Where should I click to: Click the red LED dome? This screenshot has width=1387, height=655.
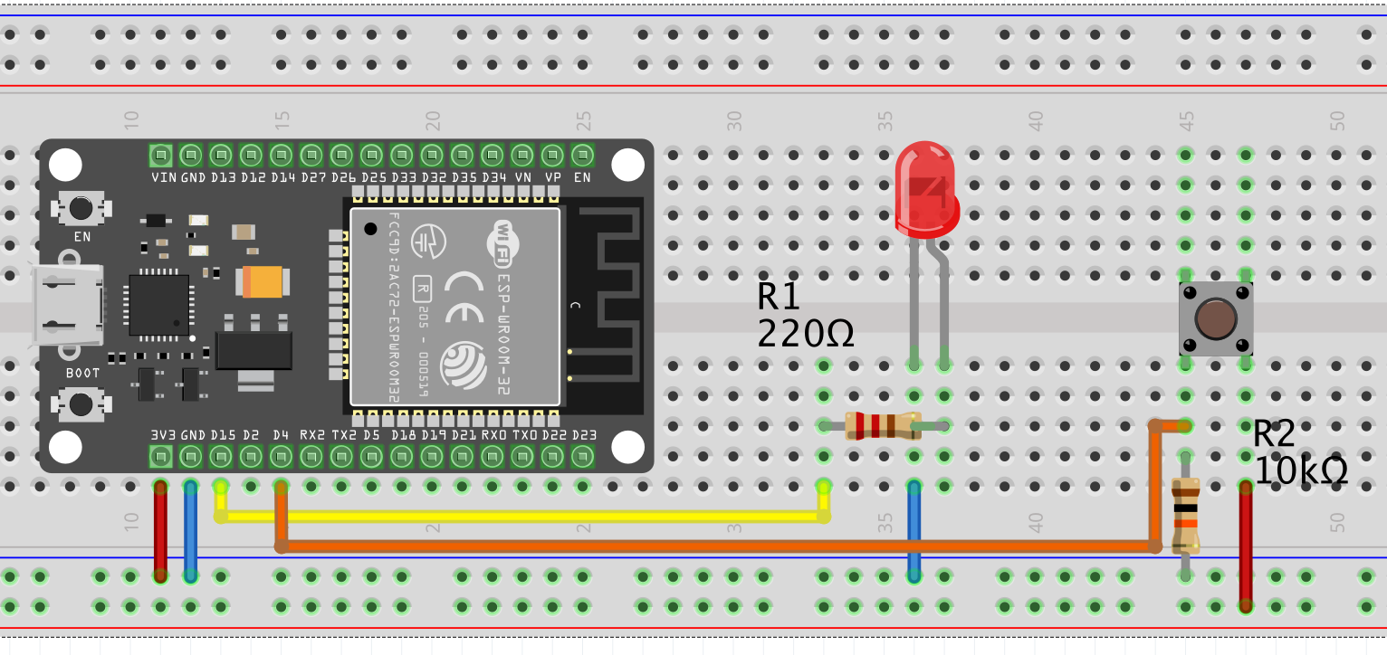click(924, 190)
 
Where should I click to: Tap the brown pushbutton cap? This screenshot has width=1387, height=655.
click(1216, 319)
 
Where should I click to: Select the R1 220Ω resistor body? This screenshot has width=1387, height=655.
click(882, 426)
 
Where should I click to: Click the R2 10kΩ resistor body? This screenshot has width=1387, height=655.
click(1185, 517)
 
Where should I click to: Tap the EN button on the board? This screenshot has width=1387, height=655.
click(81, 208)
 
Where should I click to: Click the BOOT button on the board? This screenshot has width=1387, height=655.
click(81, 403)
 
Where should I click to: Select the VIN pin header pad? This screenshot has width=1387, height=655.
click(160, 154)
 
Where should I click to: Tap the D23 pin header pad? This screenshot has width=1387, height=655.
click(582, 456)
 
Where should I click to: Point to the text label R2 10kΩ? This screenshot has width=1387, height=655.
click(1300, 452)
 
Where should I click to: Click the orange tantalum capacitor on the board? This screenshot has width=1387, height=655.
click(263, 281)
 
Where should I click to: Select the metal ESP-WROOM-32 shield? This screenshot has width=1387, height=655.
click(454, 306)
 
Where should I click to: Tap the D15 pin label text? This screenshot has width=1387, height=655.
click(221, 435)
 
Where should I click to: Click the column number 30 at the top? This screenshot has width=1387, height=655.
click(734, 119)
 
